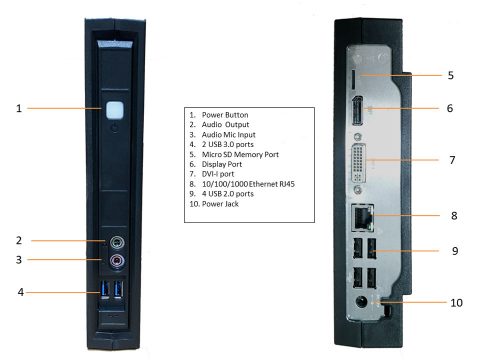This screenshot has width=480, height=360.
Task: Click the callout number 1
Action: [19, 108]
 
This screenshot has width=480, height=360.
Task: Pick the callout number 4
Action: [19, 292]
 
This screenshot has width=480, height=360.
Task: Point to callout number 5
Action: [451, 74]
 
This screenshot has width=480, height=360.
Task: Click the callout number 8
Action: [451, 213]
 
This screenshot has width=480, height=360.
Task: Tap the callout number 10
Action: [453, 300]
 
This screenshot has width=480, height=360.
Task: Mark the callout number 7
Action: [451, 159]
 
